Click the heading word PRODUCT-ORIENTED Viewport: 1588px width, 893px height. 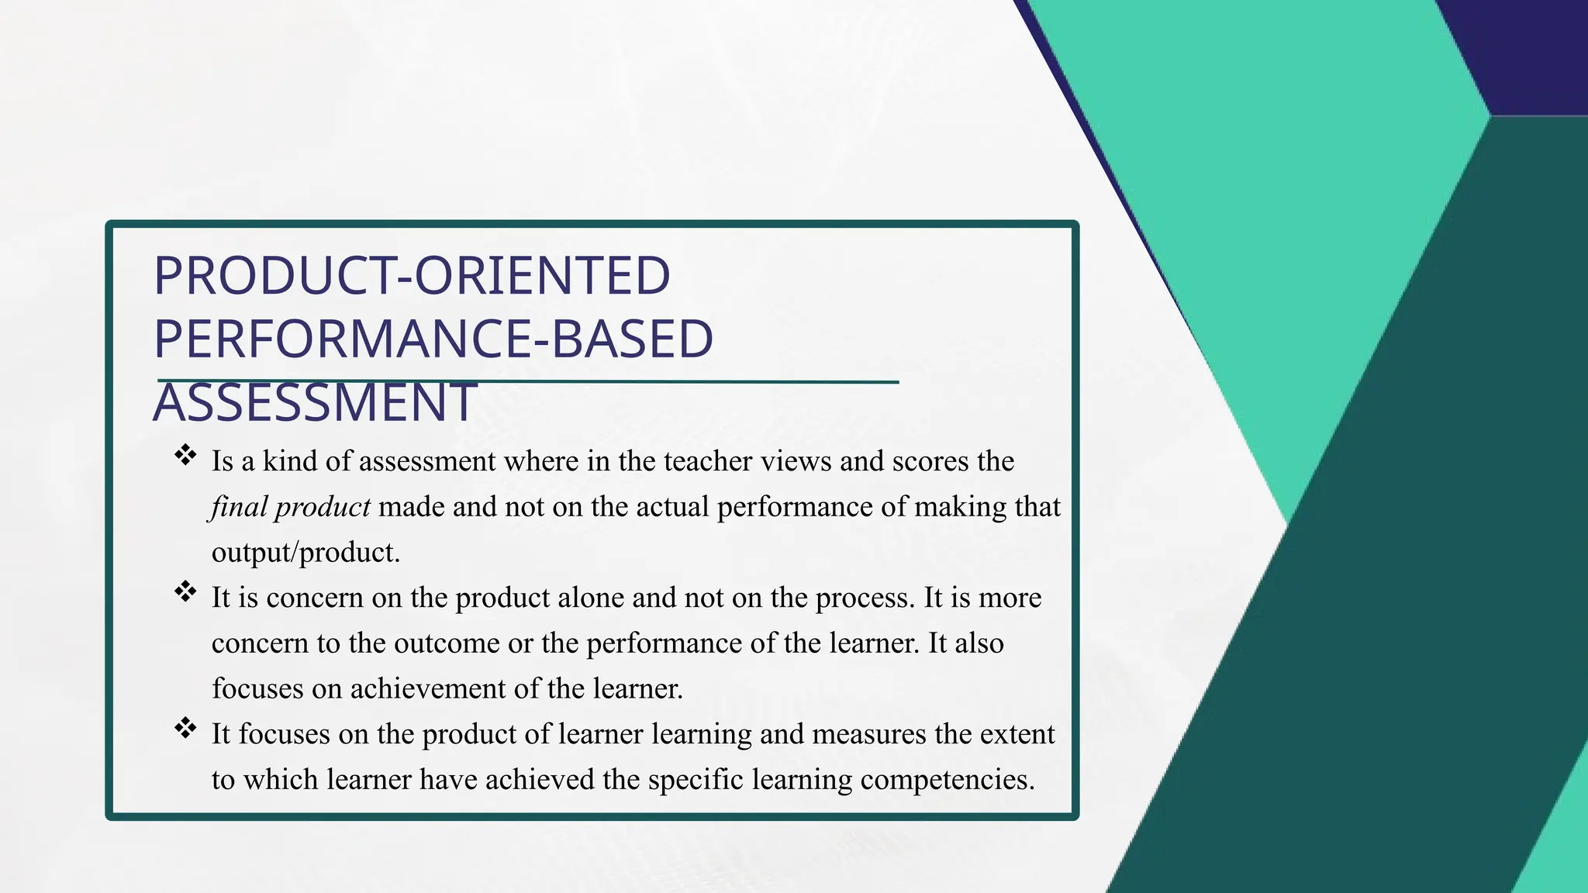(x=412, y=276)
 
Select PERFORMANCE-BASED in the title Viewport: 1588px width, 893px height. (x=433, y=339)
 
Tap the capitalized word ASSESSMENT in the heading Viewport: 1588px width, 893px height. (x=314, y=403)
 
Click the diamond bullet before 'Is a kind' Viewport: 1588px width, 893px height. (x=185, y=455)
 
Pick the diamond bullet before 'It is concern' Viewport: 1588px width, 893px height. (x=185, y=591)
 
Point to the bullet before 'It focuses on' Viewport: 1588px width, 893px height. (x=185, y=728)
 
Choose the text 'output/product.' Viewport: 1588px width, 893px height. (x=306, y=553)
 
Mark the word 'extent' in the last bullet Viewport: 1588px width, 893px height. (x=1020, y=734)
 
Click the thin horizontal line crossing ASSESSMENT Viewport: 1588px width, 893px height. (x=698, y=381)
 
